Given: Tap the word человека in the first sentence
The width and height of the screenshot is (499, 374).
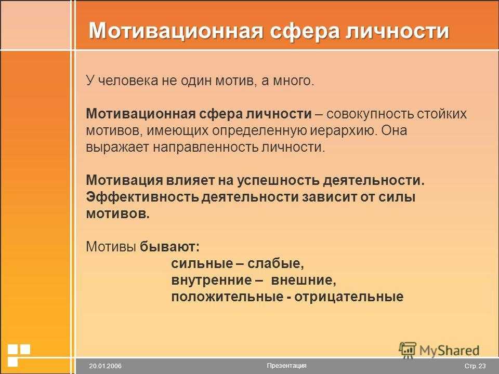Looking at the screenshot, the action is [x=128, y=81].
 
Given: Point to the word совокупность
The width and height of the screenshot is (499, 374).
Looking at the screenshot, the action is [x=370, y=114].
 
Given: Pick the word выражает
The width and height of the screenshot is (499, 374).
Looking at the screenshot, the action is [x=117, y=148].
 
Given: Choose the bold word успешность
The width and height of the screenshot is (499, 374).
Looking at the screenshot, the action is [x=279, y=180].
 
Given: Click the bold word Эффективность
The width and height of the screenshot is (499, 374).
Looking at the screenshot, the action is [x=142, y=197].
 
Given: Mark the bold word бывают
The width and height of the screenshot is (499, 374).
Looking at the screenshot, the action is [x=169, y=246].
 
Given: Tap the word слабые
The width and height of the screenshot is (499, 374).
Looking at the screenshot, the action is [x=275, y=263].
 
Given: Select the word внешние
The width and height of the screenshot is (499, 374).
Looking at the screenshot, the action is [x=304, y=280].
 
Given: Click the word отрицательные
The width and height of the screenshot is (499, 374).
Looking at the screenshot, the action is [x=349, y=297].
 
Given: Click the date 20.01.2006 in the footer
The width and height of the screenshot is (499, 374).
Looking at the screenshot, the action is [x=106, y=366].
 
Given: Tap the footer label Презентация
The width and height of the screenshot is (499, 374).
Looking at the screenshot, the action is [x=287, y=366].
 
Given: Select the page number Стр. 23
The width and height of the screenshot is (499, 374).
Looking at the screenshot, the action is [x=475, y=366].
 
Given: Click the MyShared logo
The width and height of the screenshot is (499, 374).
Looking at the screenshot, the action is [x=439, y=351].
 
